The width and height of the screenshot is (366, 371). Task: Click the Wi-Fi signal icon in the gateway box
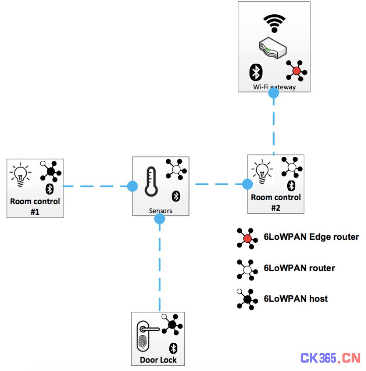pyautogui.click(x=274, y=23)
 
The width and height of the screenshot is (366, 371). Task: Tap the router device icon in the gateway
pyautogui.click(x=272, y=48)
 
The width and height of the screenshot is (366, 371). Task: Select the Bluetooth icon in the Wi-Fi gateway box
pyautogui.click(x=256, y=72)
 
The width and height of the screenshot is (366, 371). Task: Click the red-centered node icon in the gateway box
pyautogui.click(x=296, y=71)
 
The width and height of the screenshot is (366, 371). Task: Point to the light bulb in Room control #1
pyautogui.click(x=20, y=175)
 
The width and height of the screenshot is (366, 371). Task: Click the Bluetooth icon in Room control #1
pyautogui.click(x=50, y=189)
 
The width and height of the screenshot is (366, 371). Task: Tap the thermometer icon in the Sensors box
pyautogui.click(x=151, y=182)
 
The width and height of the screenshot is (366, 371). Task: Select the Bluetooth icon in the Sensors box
pyautogui.click(x=176, y=196)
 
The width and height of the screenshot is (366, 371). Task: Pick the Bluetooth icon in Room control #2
pyautogui.click(x=291, y=186)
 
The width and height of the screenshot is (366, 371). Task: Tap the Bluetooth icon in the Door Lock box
pyautogui.click(x=173, y=348)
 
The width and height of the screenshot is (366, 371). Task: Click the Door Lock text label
pyautogui.click(x=158, y=360)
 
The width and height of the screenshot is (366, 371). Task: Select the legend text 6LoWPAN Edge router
pyautogui.click(x=311, y=237)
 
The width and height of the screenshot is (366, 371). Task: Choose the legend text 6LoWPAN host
pyautogui.click(x=296, y=299)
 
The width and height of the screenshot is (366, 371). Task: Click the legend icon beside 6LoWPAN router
pyautogui.click(x=247, y=270)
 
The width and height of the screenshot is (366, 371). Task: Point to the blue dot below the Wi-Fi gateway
pyautogui.click(x=274, y=93)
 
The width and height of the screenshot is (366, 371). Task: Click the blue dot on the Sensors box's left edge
pyautogui.click(x=132, y=186)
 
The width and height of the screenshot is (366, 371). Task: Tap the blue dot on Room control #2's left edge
pyautogui.click(x=247, y=184)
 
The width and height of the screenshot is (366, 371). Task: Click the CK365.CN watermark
pyautogui.click(x=331, y=358)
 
